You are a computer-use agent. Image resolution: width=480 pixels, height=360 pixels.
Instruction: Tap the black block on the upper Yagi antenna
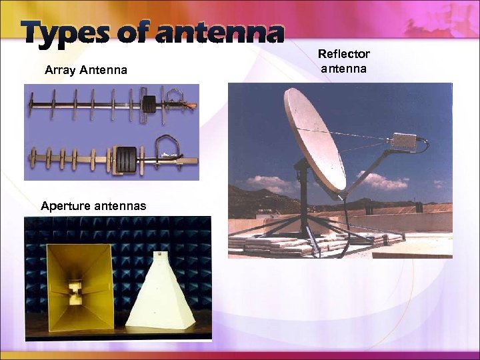[x=149, y=103]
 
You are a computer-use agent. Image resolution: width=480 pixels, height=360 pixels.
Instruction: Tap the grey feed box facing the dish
[x=404, y=141]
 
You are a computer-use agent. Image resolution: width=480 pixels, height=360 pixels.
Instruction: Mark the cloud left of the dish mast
[x=270, y=183]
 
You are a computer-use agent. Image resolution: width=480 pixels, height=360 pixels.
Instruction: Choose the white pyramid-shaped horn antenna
[x=160, y=293]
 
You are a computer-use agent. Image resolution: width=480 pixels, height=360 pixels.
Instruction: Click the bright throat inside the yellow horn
[x=75, y=290]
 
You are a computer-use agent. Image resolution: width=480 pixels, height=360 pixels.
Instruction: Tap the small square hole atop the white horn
[x=161, y=254]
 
